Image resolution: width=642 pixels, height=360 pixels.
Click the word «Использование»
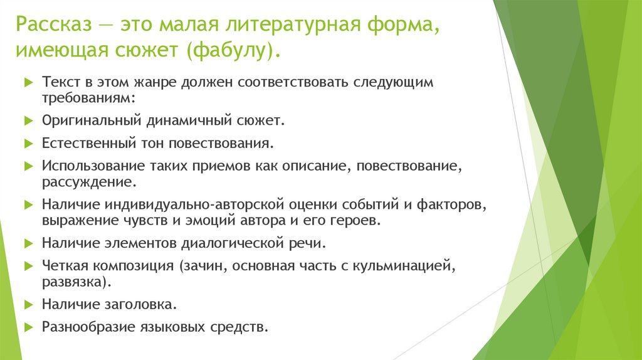(x=87, y=166)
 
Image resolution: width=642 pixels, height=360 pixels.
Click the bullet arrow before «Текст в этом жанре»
(x=28, y=82)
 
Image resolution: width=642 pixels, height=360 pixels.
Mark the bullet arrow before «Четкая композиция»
(x=28, y=266)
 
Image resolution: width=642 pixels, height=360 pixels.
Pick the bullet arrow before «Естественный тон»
(x=28, y=143)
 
